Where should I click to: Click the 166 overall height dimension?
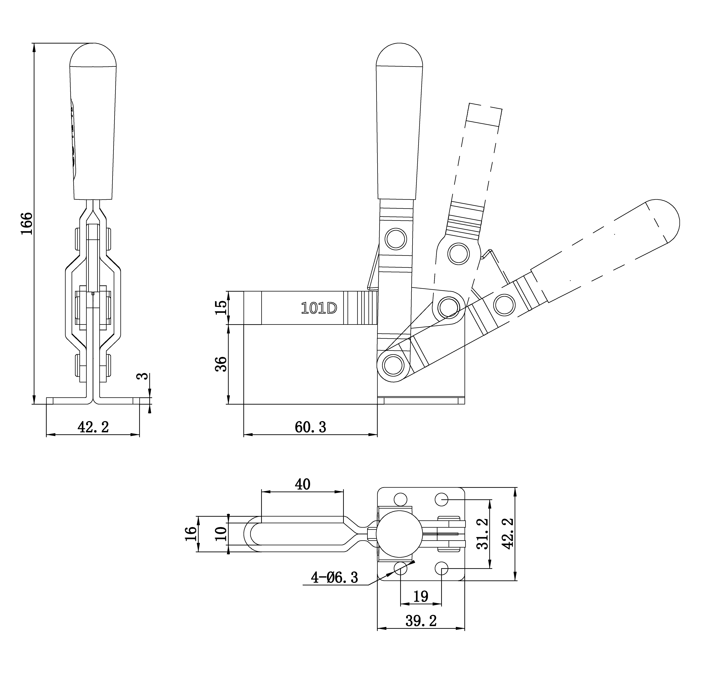(27, 223)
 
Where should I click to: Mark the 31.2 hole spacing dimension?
(482, 533)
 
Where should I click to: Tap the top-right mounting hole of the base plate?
(442, 499)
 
